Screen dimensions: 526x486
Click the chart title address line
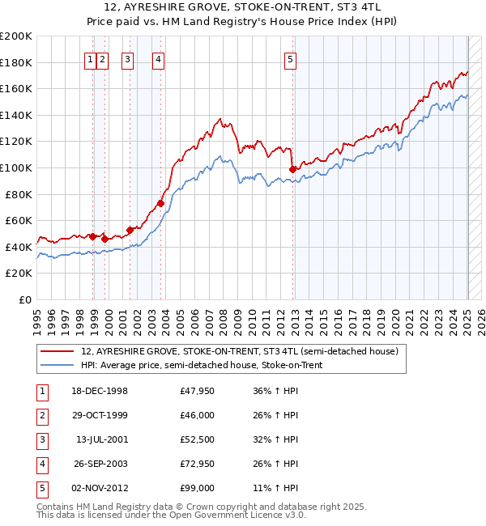coord(243,6)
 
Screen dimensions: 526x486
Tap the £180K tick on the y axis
coord(17,62)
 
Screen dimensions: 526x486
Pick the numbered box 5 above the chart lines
coord(290,58)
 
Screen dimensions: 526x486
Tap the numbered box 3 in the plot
coord(127,58)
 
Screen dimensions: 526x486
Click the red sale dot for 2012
coord(292,169)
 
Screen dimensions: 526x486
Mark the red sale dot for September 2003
coord(161,203)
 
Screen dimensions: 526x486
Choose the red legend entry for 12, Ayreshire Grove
coord(239,352)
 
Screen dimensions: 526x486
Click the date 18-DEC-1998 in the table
coord(100,391)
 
